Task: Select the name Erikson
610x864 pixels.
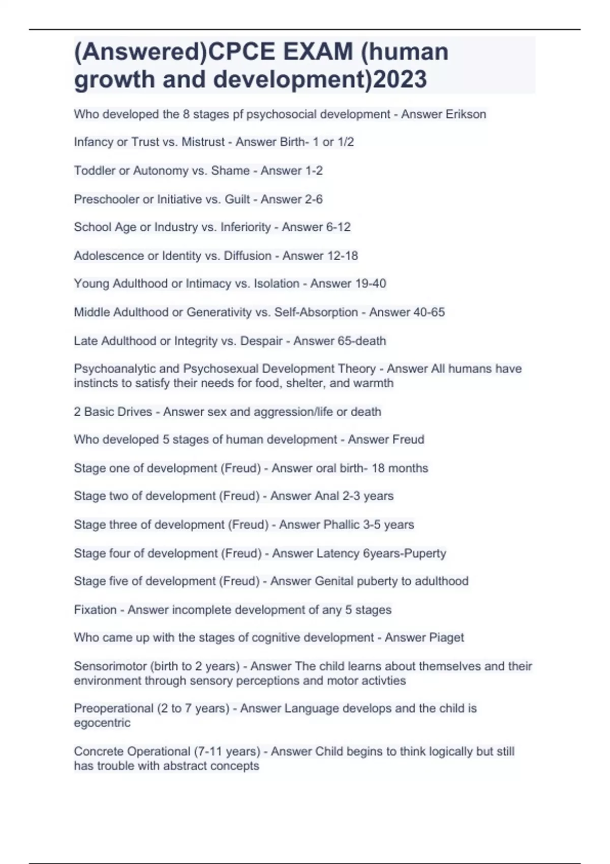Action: point(466,114)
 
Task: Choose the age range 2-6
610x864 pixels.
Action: point(314,199)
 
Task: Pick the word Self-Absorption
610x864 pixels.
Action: point(316,312)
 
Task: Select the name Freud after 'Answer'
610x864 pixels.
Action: point(405,439)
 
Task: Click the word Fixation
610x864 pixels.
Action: point(95,609)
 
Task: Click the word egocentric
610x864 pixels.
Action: point(102,723)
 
